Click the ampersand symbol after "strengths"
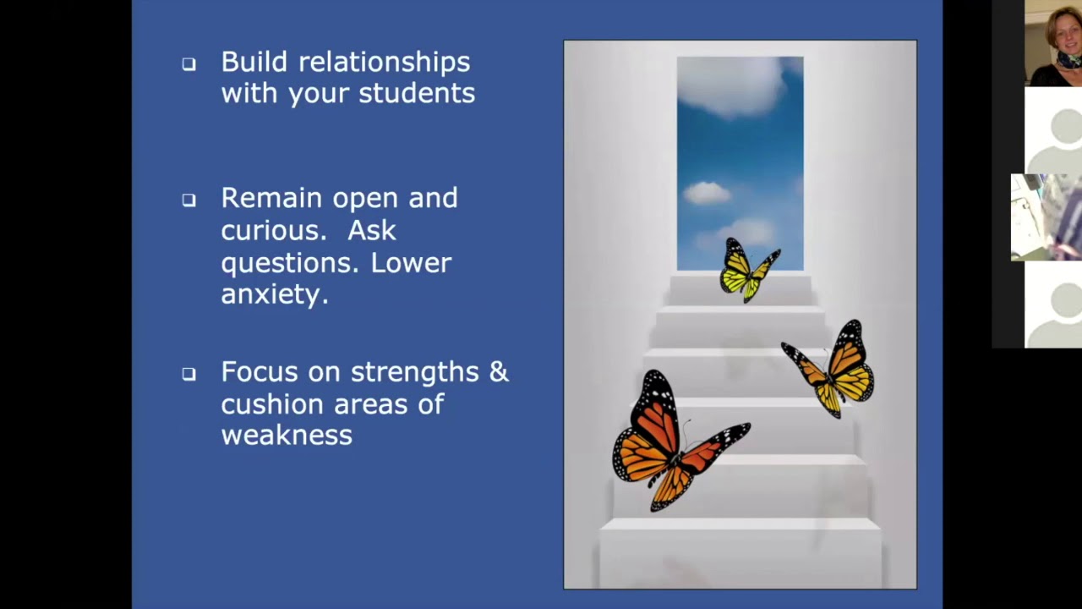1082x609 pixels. point(500,371)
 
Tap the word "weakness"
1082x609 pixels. point(287,436)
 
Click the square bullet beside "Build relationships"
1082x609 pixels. point(189,63)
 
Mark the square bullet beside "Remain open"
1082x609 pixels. point(189,200)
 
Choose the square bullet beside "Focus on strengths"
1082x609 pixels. point(189,373)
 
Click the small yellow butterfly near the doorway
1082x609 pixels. point(747,270)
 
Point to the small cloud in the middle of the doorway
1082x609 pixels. point(707,193)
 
